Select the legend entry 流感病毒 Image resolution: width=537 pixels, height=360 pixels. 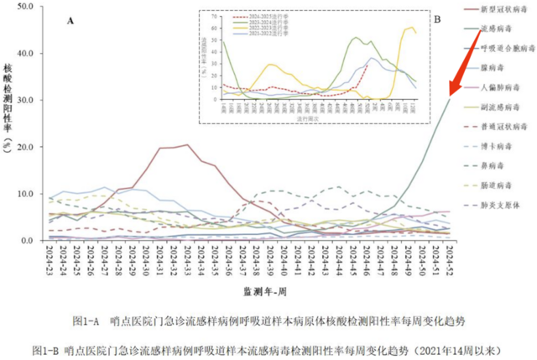click(x=498, y=29)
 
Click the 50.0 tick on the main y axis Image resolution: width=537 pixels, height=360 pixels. click(x=25, y=7)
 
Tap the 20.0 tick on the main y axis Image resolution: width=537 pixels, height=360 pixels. click(x=25, y=147)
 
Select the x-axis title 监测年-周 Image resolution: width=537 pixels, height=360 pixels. click(x=253, y=290)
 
